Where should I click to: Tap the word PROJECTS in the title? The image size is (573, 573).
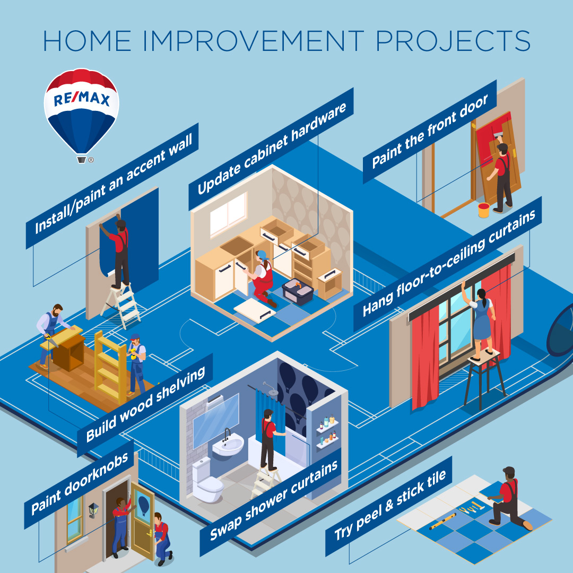click(x=453, y=41)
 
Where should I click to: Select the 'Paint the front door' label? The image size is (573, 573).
click(x=430, y=131)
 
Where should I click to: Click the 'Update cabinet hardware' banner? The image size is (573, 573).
click(x=271, y=149)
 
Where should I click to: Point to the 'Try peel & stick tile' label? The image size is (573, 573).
click(x=389, y=506)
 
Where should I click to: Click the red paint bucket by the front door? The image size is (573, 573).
click(x=483, y=210)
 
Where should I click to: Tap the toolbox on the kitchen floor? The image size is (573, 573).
click(x=298, y=291)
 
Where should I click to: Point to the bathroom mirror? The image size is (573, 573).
click(x=215, y=420)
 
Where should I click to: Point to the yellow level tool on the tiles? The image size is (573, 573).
click(x=442, y=522)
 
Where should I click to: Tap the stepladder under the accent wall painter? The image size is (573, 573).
click(x=120, y=305)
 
